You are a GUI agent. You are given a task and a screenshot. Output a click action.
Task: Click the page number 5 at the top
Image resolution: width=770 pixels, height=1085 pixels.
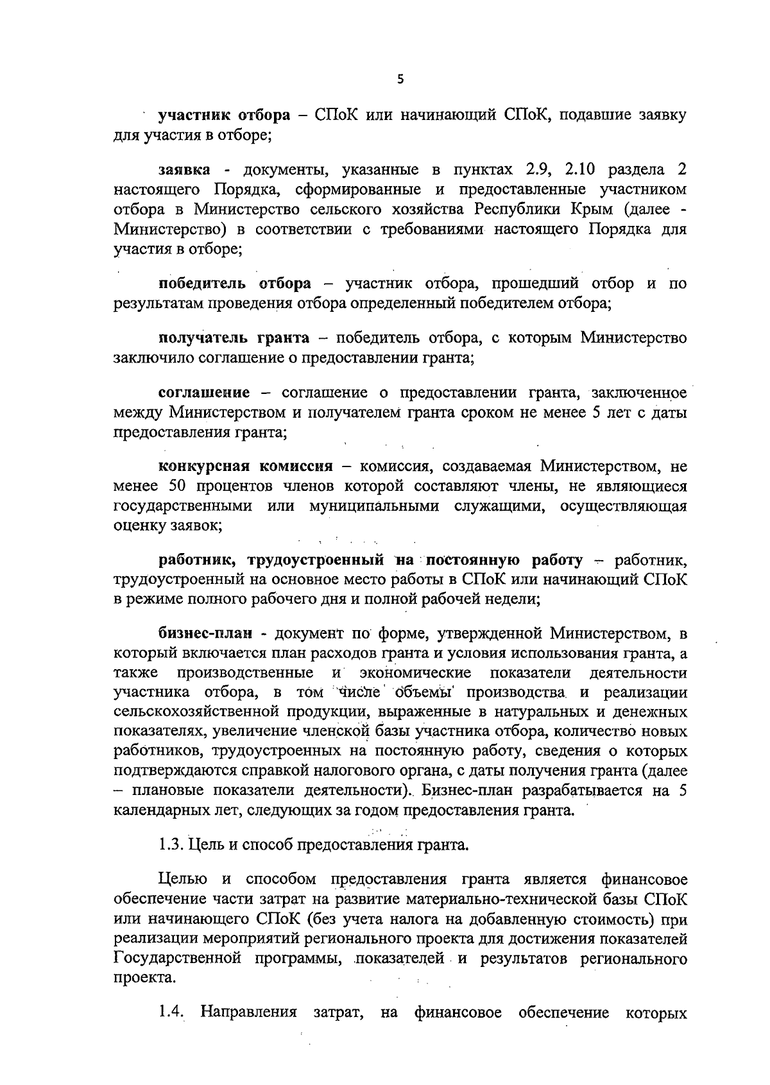click(x=400, y=80)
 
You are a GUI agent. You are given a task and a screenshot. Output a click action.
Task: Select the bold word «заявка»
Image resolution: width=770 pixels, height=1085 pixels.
click(x=184, y=170)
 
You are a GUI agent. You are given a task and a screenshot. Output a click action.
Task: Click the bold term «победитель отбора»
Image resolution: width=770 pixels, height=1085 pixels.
click(x=235, y=284)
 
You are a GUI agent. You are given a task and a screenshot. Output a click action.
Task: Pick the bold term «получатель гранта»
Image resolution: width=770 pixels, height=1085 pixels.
click(x=234, y=338)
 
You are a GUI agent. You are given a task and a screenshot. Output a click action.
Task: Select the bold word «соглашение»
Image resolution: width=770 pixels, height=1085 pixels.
click(x=204, y=393)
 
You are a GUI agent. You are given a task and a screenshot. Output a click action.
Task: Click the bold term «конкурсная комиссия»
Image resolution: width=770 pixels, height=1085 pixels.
click(x=246, y=466)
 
